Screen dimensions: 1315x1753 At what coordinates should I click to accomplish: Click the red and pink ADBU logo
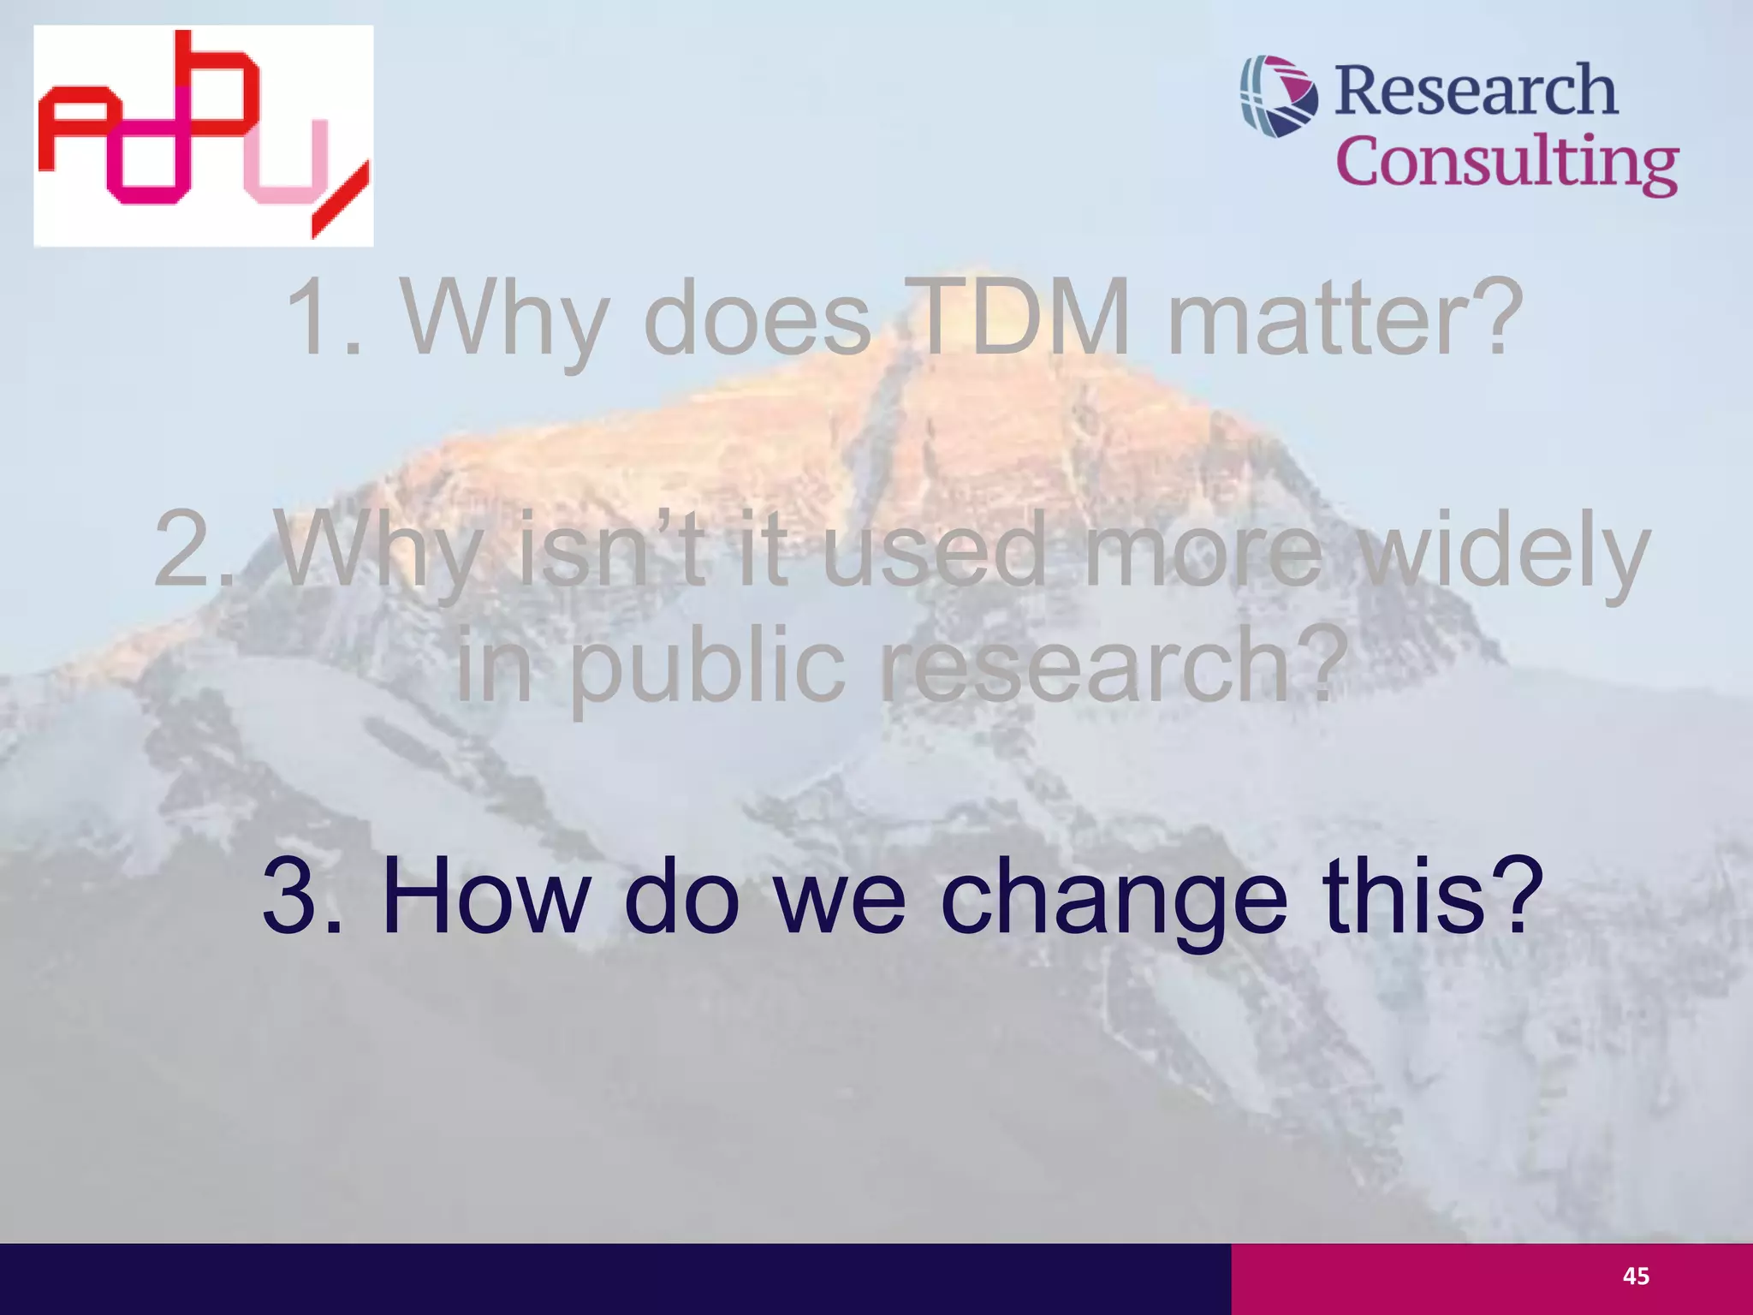[203, 135]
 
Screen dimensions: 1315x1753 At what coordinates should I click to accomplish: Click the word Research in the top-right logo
[1476, 91]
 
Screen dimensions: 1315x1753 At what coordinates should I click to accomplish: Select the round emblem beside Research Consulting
[1279, 96]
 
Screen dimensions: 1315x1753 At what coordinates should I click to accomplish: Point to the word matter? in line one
[1346, 317]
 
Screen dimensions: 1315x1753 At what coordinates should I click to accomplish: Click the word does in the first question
[757, 318]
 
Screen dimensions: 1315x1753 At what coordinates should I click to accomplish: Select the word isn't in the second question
[613, 548]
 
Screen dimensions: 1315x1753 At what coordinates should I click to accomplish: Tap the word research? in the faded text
[1109, 663]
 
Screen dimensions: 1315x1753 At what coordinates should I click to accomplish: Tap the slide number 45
[1636, 1276]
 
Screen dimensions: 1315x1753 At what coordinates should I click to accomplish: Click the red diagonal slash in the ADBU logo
[341, 199]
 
